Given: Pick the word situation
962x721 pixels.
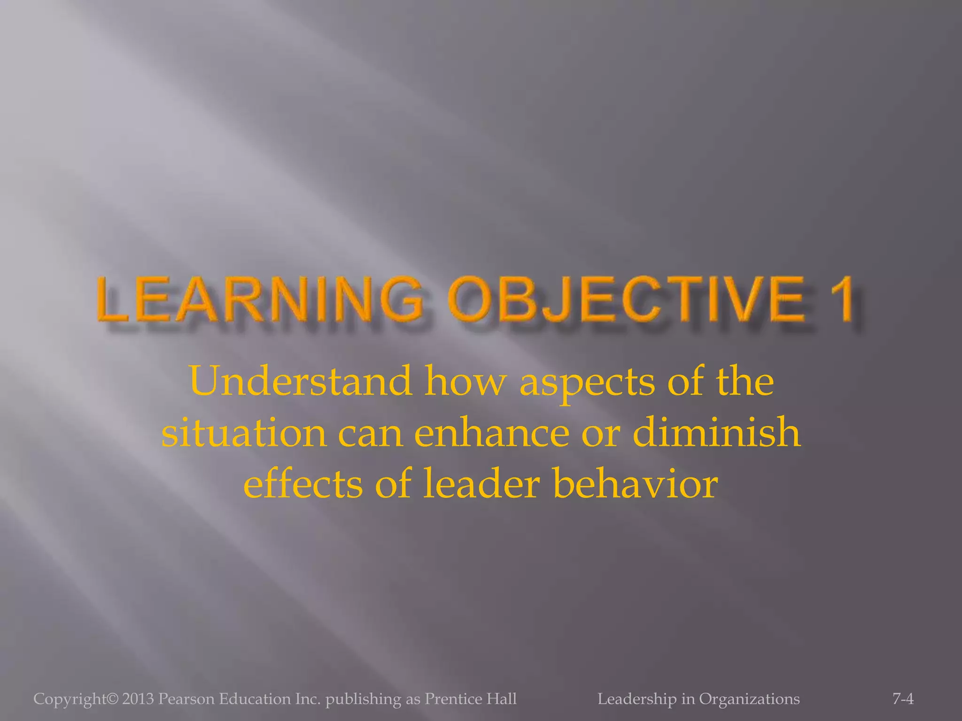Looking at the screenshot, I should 244,433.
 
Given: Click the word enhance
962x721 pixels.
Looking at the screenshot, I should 491,433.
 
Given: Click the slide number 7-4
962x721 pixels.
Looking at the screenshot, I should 903,699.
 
